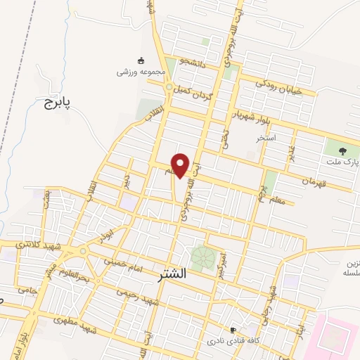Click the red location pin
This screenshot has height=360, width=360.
click(181, 165)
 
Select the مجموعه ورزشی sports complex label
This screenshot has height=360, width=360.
click(141, 72)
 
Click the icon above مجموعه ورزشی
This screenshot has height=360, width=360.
click(141, 60)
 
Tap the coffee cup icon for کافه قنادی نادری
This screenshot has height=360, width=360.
click(233, 329)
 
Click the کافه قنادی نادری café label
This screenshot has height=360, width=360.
click(229, 340)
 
